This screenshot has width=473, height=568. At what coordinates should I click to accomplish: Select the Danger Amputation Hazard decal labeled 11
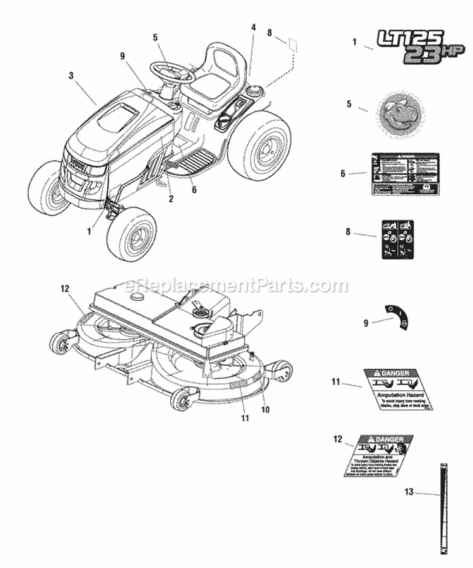[x=390, y=390]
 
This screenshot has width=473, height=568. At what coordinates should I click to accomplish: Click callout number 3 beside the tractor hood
[x=71, y=75]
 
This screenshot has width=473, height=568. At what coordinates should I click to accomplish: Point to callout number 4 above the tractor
[x=254, y=27]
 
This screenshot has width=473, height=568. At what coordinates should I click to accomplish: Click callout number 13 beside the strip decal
[x=409, y=492]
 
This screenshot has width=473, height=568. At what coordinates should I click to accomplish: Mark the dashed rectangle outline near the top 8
[x=291, y=46]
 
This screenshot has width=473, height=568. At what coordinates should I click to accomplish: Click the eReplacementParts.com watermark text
[x=237, y=286]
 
